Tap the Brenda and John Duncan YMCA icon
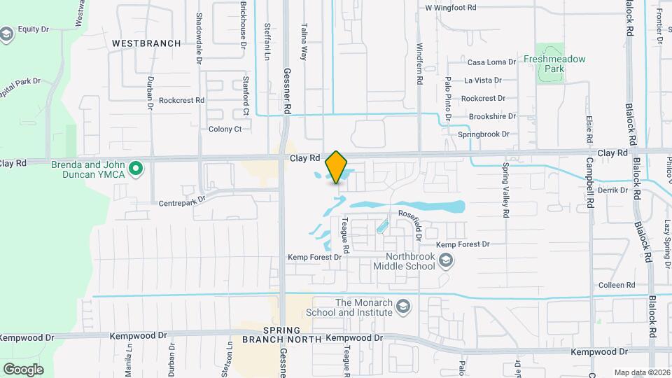pos(138,168)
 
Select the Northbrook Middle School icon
pos(447,261)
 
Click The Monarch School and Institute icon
pos(403,307)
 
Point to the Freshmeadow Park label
pos(554,64)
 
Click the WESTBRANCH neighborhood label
pos(146,43)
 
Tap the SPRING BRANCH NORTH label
pos(282,335)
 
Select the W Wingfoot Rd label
pos(451,8)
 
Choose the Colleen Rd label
pos(616,286)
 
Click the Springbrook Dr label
pos(484,134)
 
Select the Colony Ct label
pos(225,129)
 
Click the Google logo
pos(23,369)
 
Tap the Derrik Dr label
pos(612,190)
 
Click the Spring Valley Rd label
pos(505,191)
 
